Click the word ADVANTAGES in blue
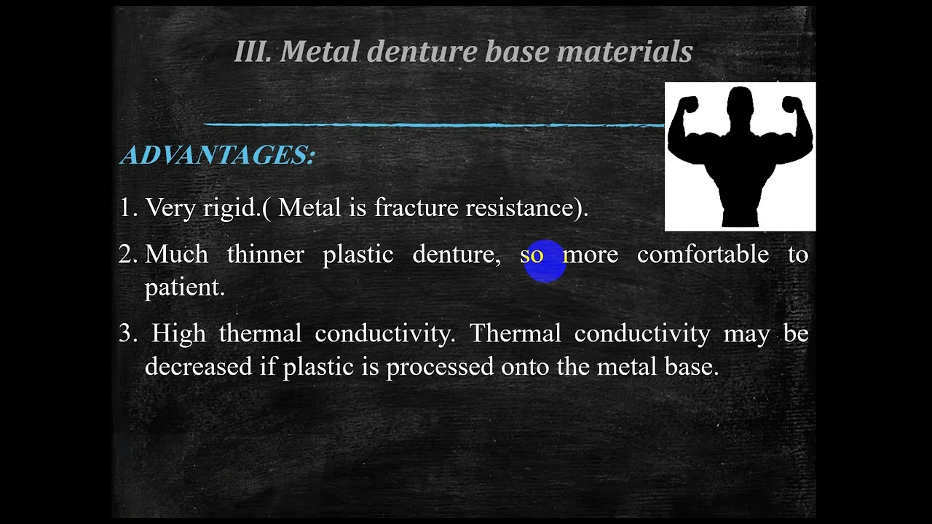[x=217, y=155]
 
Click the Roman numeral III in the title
[x=252, y=52]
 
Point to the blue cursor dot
[x=544, y=261]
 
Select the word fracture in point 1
[x=415, y=208]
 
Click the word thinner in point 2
[x=265, y=255]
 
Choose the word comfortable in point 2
[x=703, y=255]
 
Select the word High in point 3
[x=178, y=333]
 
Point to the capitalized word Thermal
[x=515, y=333]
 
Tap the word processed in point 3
[x=440, y=366]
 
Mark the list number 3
[x=127, y=333]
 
